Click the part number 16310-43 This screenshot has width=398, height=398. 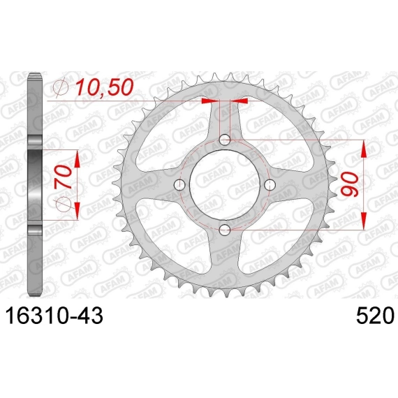point(54,316)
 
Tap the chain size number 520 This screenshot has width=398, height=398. point(376,316)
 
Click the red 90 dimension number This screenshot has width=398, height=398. point(350,184)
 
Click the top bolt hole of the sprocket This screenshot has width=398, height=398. point(225,140)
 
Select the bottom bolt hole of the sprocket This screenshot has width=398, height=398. point(225,230)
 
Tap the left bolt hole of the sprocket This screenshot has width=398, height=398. point(179,184)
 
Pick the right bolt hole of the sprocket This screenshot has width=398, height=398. point(270,184)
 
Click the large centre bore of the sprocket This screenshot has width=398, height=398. point(225,184)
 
